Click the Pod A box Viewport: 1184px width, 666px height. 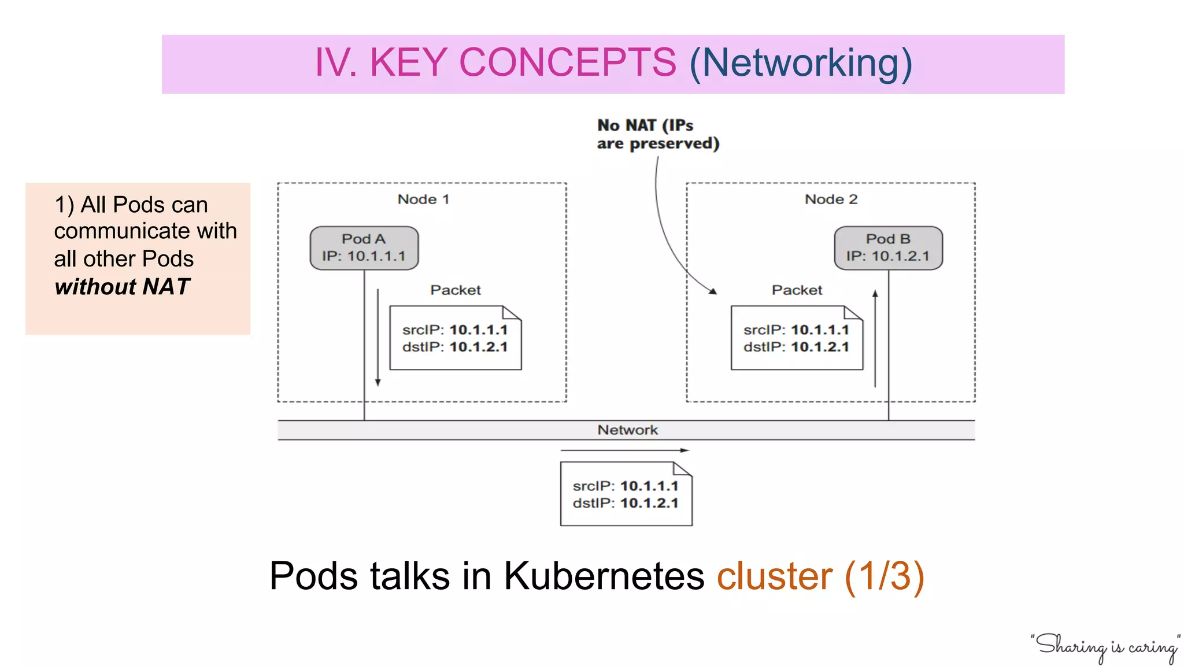[x=364, y=248]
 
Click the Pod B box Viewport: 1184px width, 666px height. [x=888, y=248]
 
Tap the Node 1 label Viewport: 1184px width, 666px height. [x=423, y=199]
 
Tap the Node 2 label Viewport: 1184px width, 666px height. [x=831, y=199]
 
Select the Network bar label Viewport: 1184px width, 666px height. [x=627, y=430]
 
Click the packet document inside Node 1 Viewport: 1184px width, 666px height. [x=455, y=338]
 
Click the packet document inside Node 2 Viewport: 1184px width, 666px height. [x=796, y=338]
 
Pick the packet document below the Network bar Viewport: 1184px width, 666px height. [x=626, y=494]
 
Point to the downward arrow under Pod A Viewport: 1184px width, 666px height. [x=378, y=338]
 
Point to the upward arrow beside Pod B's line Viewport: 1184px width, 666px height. [x=875, y=338]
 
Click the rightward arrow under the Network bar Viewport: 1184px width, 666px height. [x=624, y=450]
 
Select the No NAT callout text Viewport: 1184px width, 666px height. [x=657, y=134]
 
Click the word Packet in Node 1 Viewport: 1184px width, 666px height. [x=455, y=290]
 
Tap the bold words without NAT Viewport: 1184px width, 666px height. [x=122, y=287]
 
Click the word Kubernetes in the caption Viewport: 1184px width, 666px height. [x=604, y=576]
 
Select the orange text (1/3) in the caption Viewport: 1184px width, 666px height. [x=885, y=576]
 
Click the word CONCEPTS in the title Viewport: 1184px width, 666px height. [x=567, y=62]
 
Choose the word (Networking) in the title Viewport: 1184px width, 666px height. [x=801, y=62]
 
